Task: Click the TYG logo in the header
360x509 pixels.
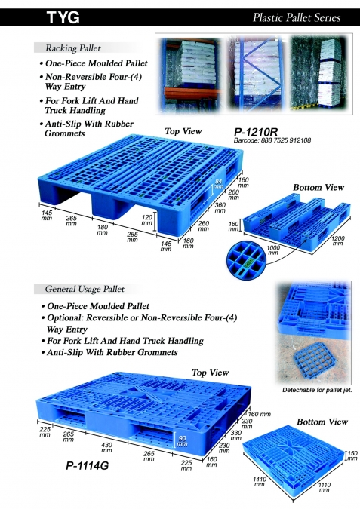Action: pos(63,17)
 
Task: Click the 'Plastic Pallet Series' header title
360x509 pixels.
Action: pos(297,17)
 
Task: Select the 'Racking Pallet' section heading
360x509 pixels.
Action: pos(73,48)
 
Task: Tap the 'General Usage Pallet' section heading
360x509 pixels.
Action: pos(85,289)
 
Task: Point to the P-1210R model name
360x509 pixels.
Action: pos(256,132)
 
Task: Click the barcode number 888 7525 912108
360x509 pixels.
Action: pos(272,140)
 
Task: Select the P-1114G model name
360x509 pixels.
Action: pos(87,466)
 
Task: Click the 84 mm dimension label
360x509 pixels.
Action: pos(218,184)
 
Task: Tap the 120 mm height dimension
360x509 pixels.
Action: pos(147,220)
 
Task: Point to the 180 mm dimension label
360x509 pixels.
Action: pos(103,230)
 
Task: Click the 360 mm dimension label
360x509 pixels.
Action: pos(220,208)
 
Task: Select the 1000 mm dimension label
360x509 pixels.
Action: pos(273,250)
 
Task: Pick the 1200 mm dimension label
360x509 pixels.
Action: pos(337,241)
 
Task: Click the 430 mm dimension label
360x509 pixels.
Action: pos(106,448)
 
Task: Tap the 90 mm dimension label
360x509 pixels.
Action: pos(182,441)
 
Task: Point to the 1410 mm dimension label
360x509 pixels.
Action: pos(260,482)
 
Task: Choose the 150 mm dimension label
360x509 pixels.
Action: pos(352,455)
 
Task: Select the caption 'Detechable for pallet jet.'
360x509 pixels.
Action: pos(317,390)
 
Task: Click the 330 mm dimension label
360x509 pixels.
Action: pos(236,436)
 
